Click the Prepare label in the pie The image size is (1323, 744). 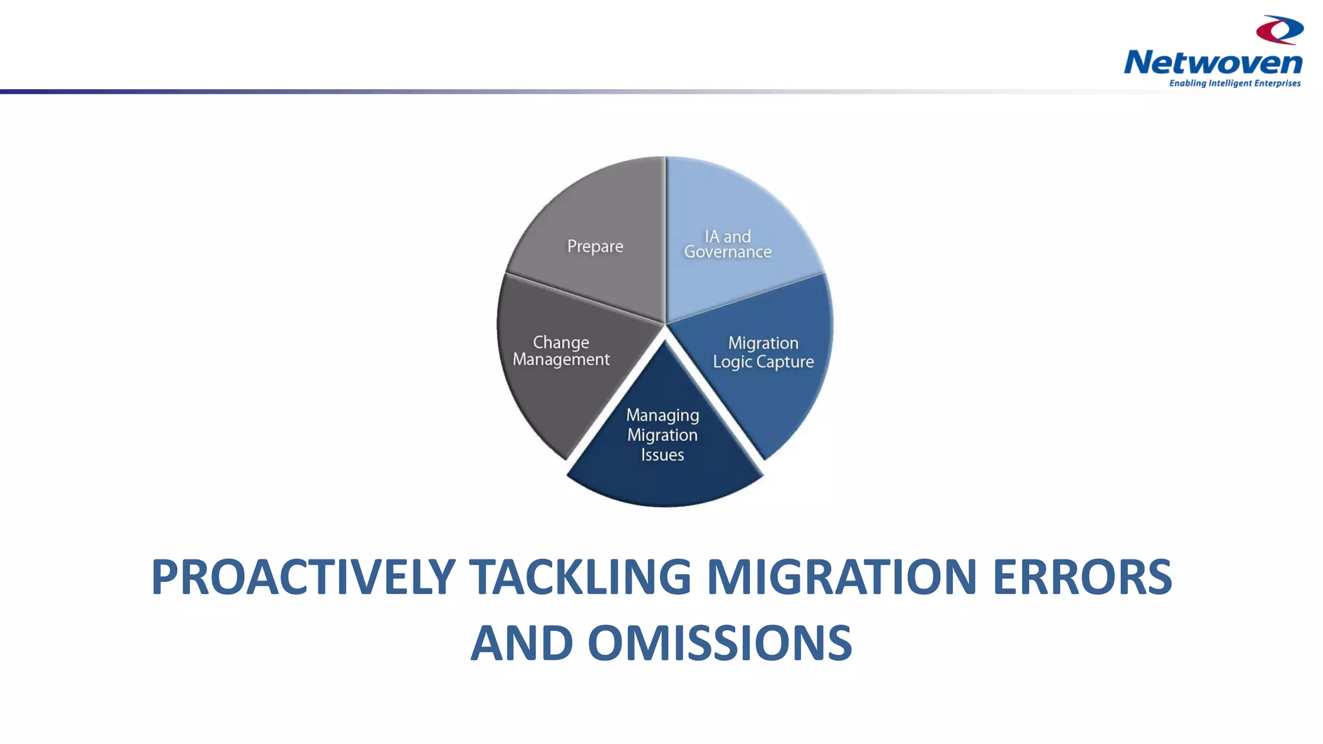(x=595, y=247)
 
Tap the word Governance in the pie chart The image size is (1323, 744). (x=728, y=253)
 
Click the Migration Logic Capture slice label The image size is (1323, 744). (x=763, y=352)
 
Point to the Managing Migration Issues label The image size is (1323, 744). (x=663, y=435)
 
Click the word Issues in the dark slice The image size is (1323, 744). (x=663, y=455)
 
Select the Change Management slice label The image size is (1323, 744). (x=561, y=351)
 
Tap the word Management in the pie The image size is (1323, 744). (x=561, y=360)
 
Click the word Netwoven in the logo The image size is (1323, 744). (x=1213, y=63)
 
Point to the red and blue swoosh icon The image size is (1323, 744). (x=1280, y=30)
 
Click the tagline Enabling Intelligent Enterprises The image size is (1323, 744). (x=1234, y=83)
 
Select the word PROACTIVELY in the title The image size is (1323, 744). (x=303, y=577)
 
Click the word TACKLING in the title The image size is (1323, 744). (x=579, y=577)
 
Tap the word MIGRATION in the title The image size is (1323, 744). (x=841, y=577)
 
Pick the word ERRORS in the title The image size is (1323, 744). (x=1081, y=577)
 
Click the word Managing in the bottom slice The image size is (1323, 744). (x=663, y=415)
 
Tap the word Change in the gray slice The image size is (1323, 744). (x=561, y=342)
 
